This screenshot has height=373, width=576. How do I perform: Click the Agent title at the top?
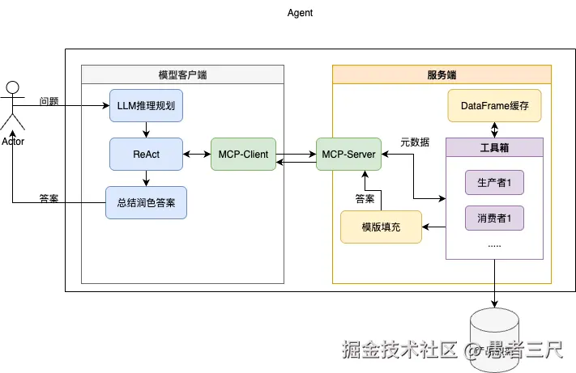pos(300,13)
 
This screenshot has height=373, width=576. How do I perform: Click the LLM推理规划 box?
pos(146,105)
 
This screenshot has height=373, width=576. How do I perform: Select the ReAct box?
pos(146,154)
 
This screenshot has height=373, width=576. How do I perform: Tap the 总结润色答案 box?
pos(146,202)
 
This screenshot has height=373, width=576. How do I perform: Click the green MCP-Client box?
pos(243,154)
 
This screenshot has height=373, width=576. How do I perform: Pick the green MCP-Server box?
pos(348,154)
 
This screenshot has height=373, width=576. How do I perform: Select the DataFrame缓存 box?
pos(494,105)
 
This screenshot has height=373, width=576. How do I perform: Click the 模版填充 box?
pos(381,227)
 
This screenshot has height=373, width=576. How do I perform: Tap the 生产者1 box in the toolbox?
pos(493,183)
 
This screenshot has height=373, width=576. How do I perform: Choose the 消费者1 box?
pos(493,217)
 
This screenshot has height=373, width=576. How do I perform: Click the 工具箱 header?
pos(494,147)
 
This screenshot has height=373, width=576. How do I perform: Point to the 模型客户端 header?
pos(182,75)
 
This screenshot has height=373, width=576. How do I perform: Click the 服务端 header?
pos(442,75)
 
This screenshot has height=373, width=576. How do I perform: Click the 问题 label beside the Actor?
pos(49,102)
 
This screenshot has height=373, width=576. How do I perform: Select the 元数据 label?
pos(415,142)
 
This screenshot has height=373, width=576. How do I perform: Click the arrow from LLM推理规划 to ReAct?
pos(146,129)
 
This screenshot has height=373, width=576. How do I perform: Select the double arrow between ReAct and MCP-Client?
pos(196,154)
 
